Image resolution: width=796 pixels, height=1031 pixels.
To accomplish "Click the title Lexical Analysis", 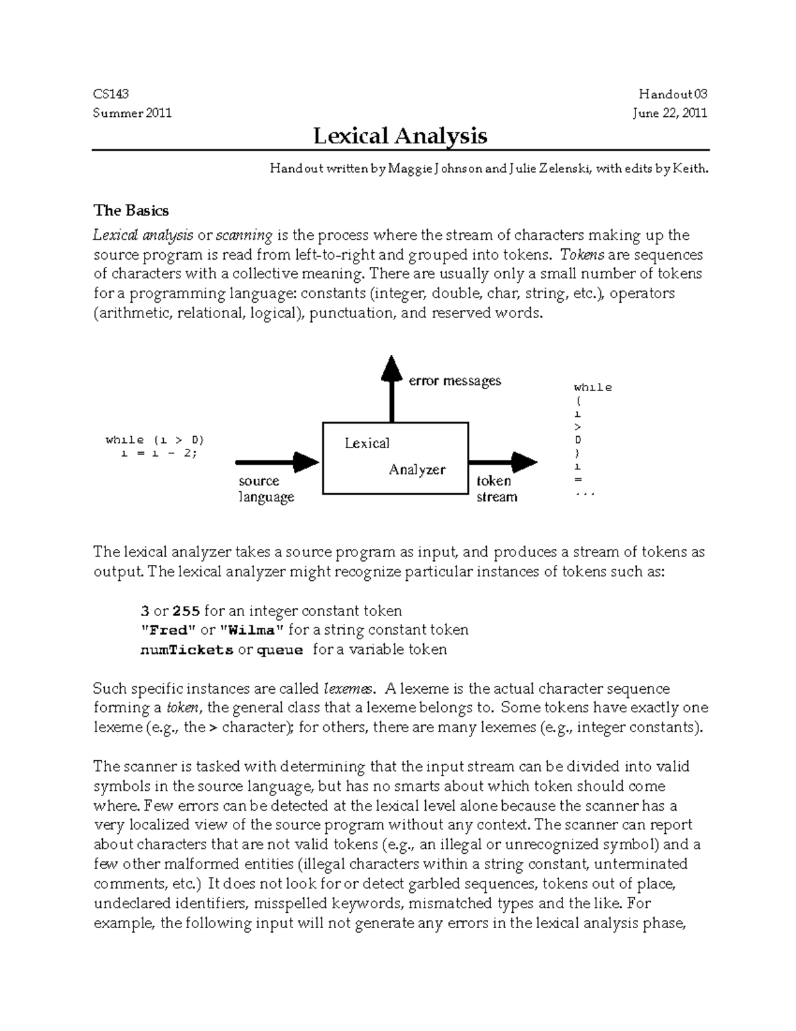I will (x=400, y=136).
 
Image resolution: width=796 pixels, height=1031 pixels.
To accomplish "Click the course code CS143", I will (x=111, y=94).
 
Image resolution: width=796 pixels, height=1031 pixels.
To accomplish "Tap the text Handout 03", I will (x=673, y=94).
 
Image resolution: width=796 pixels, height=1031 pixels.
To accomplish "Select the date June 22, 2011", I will (x=669, y=113).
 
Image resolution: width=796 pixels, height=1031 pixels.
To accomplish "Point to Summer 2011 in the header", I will (x=132, y=113).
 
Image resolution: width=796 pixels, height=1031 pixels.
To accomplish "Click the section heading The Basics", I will (x=131, y=210).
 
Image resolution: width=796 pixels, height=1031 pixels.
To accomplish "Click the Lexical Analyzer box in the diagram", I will (x=395, y=457).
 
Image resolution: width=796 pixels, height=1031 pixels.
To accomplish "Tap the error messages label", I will (x=454, y=381).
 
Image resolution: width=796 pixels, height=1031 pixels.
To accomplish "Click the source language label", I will (x=265, y=489).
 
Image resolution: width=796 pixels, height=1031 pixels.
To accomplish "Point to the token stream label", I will (x=496, y=489).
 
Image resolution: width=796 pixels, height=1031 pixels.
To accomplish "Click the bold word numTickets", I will (x=186, y=650).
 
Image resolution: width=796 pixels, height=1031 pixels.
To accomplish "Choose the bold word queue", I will (x=279, y=650).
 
